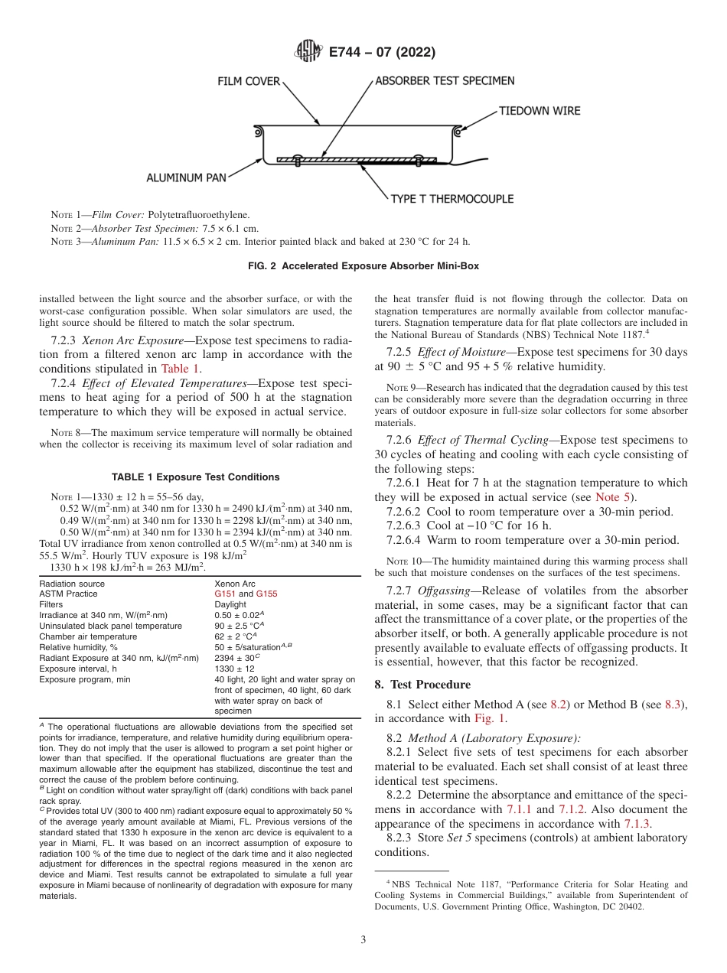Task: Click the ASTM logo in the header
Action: click(308, 52)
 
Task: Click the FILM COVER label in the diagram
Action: click(249, 81)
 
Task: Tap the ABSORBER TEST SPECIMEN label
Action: click(444, 80)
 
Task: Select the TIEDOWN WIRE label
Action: click(540, 111)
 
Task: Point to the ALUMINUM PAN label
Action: click(187, 178)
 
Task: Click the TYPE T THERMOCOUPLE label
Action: click(452, 199)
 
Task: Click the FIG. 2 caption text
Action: click(363, 266)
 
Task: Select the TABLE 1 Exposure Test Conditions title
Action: click(196, 477)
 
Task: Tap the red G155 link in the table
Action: click(266, 594)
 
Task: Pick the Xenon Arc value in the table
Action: click(234, 583)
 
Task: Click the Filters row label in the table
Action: click(51, 604)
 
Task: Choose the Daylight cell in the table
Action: click(230, 604)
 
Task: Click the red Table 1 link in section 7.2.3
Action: click(181, 368)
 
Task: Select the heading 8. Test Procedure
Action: click(422, 685)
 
